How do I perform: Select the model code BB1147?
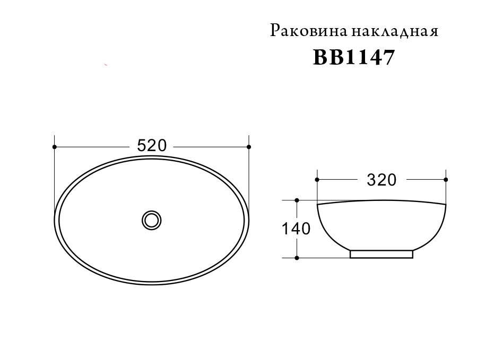tap(354, 58)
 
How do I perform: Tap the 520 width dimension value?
tap(152, 146)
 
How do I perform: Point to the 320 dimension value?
tap(381, 180)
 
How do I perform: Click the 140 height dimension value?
tap(296, 229)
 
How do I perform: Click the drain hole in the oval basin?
tap(152, 219)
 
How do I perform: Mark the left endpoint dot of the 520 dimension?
tap(55, 146)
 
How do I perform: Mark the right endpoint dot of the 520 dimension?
tap(249, 146)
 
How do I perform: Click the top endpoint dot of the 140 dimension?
tap(297, 200)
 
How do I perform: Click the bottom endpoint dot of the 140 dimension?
tap(297, 258)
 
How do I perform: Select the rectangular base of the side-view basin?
tap(381, 254)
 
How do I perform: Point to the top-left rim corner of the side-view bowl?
tap(317, 204)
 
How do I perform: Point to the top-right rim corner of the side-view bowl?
tap(446, 204)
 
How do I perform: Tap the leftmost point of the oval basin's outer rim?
tap(55, 219)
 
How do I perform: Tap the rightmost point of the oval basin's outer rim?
tap(249, 219)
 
